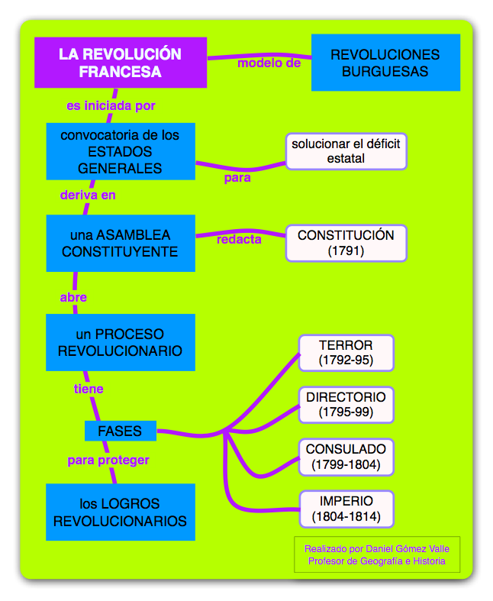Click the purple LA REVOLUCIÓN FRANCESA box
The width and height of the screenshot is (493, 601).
[121, 63]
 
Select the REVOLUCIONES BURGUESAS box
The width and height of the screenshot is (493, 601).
[385, 63]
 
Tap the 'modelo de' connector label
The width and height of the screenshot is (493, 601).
[269, 63]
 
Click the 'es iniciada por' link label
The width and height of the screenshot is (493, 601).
[111, 105]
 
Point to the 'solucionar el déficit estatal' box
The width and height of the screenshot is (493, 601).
[346, 150]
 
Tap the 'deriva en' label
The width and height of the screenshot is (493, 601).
[88, 195]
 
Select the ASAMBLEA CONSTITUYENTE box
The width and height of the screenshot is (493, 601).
[120, 243]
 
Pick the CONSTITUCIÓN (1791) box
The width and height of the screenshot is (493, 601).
[346, 243]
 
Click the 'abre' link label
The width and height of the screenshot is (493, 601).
[73, 297]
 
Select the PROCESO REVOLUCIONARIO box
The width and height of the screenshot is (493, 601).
[120, 343]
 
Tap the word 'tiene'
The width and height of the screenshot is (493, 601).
[89, 389]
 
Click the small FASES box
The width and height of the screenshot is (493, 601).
[120, 431]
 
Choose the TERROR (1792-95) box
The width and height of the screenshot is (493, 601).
[346, 353]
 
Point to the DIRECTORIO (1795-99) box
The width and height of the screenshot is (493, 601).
[346, 405]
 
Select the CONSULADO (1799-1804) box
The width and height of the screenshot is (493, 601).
[346, 456]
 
